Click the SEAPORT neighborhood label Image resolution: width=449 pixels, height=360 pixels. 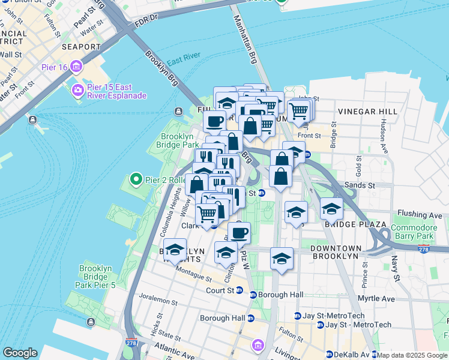pyautogui.click(x=81, y=47)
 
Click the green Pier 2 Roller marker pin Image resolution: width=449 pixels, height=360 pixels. pyautogui.click(x=136, y=179)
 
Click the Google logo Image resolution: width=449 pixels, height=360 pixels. pyautogui.click(x=20, y=353)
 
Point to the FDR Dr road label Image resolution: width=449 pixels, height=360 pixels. pyautogui.click(x=146, y=19)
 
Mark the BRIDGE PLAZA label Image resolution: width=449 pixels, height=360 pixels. pyautogui.click(x=355, y=224)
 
